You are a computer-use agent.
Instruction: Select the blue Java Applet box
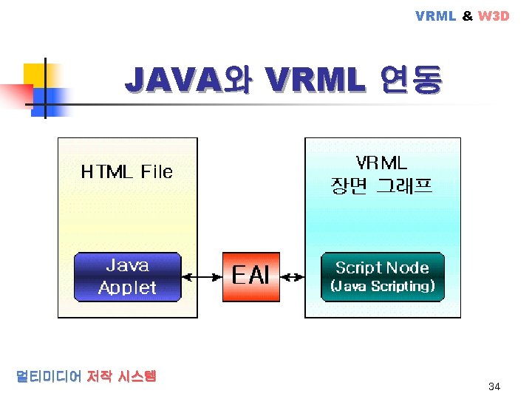coord(127,277)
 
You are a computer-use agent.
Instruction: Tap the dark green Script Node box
coord(382,277)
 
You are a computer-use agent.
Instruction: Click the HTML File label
coord(126,172)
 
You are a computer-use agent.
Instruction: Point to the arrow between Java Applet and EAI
coord(202,278)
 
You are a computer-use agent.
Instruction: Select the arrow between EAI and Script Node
coord(294,278)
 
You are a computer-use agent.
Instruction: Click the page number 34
coord(494,387)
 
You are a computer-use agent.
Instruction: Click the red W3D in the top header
coord(494,16)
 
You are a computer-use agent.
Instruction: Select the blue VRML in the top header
coord(436,16)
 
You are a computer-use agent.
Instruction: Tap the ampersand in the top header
coord(467,16)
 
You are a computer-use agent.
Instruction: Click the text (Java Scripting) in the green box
coord(382,286)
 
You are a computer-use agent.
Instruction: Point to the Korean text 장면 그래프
coord(381,185)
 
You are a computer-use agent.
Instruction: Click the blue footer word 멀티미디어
coord(48,376)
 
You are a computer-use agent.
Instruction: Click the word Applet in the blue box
coord(127,287)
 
